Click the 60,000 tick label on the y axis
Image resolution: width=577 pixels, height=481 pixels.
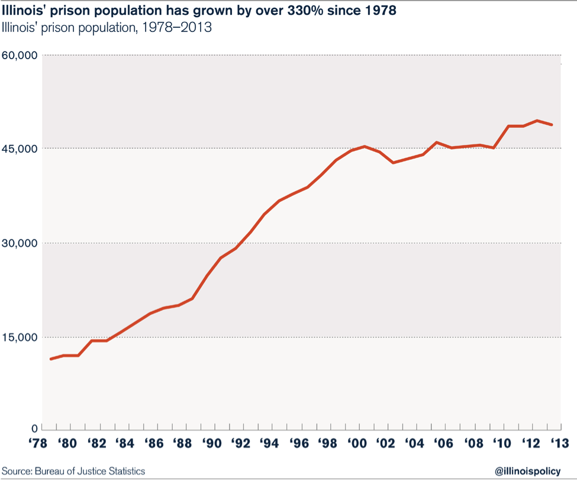coord(20,56)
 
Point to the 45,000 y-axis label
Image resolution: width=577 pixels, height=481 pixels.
coord(20,149)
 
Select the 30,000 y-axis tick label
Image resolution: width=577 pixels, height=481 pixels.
coord(20,243)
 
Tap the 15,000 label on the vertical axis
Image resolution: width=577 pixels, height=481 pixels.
coord(20,337)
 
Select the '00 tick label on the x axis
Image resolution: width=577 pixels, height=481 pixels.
coord(357,444)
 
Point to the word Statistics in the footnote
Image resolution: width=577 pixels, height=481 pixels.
coord(125,471)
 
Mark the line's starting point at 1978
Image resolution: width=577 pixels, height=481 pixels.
coord(51,359)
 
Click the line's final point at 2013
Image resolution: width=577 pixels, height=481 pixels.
coord(552,125)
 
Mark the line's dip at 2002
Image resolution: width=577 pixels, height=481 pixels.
coord(394,162)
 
